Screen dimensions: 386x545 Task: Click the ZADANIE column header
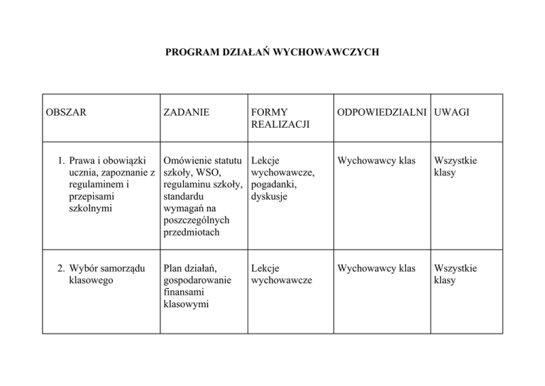186,113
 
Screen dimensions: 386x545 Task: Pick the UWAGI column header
452,113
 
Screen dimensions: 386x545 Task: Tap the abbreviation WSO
207,172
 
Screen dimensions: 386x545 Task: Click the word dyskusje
269,196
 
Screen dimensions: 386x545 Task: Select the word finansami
183,292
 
